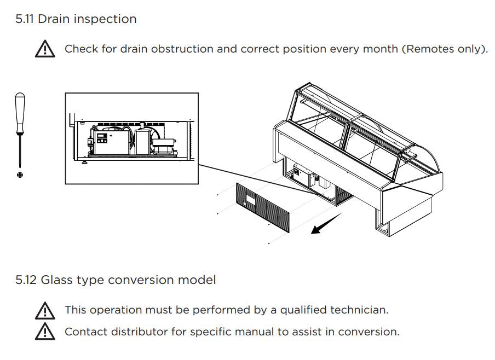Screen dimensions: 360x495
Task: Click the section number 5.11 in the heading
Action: tap(25, 19)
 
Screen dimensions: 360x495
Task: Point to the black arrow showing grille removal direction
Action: tap(326, 223)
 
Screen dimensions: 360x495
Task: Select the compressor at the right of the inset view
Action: tap(163, 146)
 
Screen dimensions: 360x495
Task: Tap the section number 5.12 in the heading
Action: tap(26, 280)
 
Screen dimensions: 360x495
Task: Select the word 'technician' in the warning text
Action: tap(359, 310)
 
